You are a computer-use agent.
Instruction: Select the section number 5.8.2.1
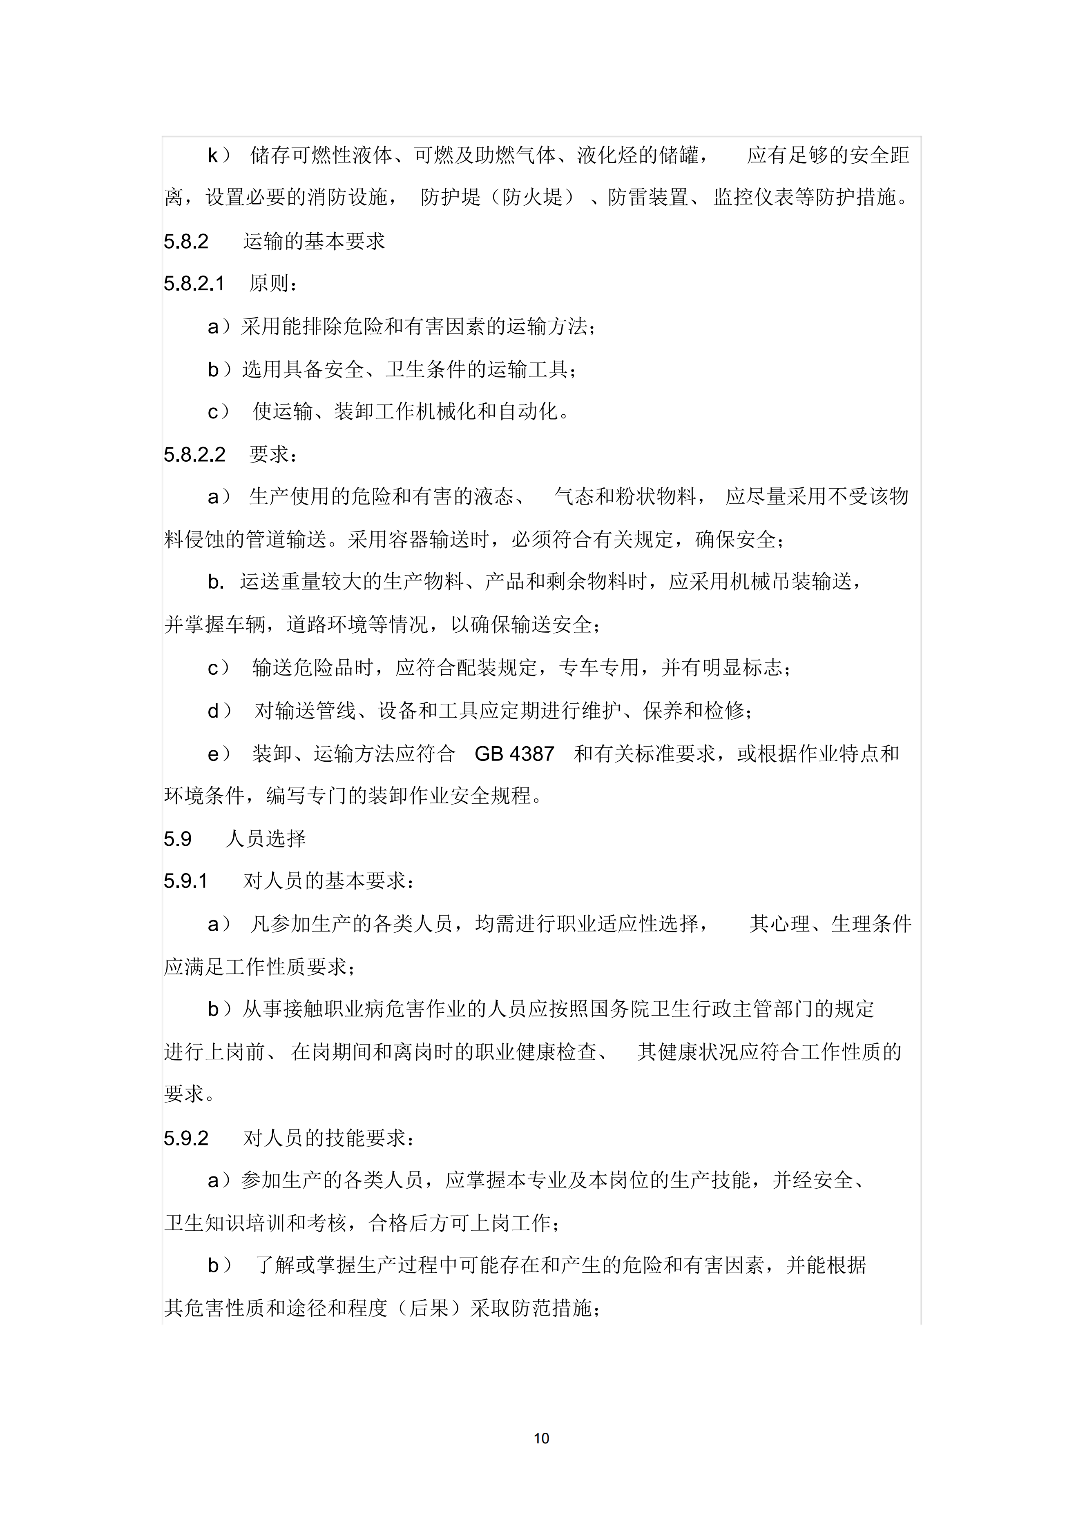(194, 284)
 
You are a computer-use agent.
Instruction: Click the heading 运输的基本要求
(314, 241)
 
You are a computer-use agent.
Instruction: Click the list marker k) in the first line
(218, 156)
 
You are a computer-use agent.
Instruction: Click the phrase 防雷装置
(648, 198)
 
